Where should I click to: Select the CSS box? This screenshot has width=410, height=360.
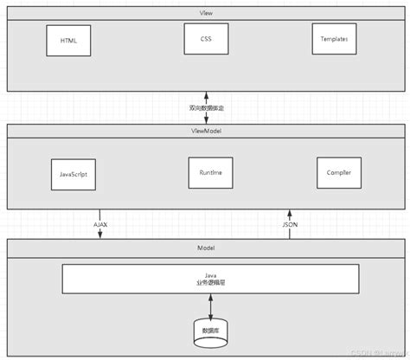coord(205,39)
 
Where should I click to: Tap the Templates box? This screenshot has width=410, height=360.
coord(335,40)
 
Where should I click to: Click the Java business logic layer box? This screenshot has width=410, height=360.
coord(210,279)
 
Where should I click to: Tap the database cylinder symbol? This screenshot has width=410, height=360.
coord(210,332)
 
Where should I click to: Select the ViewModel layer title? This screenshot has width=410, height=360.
coord(205,130)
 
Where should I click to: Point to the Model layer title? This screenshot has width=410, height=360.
coord(205,247)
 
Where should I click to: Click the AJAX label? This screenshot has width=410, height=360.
coord(101,223)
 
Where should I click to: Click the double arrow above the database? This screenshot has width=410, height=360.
coord(210,305)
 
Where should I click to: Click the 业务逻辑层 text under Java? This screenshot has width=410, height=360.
coord(210,283)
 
